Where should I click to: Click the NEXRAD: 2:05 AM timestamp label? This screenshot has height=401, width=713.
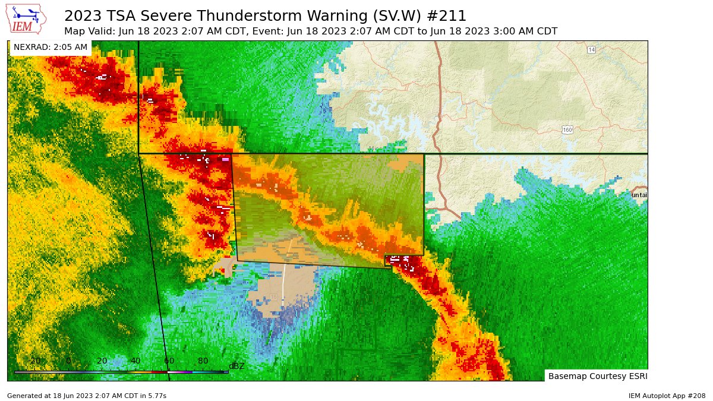pyautogui.click(x=51, y=47)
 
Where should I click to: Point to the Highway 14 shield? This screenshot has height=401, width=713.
pyautogui.click(x=591, y=50)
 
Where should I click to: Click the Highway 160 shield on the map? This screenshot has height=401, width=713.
pyautogui.click(x=567, y=130)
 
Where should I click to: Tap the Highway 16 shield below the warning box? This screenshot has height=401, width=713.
pyautogui.click(x=273, y=296)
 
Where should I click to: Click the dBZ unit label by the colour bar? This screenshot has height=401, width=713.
pyautogui.click(x=236, y=366)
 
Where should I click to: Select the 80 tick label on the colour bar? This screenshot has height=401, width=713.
pyautogui.click(x=203, y=361)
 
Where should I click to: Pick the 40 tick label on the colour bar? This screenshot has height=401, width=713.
pyautogui.click(x=135, y=361)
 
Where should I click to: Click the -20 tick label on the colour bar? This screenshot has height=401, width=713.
pyautogui.click(x=34, y=361)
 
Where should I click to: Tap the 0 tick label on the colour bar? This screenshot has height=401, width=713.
pyautogui.click(x=68, y=361)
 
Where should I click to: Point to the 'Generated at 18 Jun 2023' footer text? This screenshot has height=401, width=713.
pyautogui.click(x=87, y=396)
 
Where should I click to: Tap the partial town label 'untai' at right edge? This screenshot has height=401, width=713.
pyautogui.click(x=639, y=195)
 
